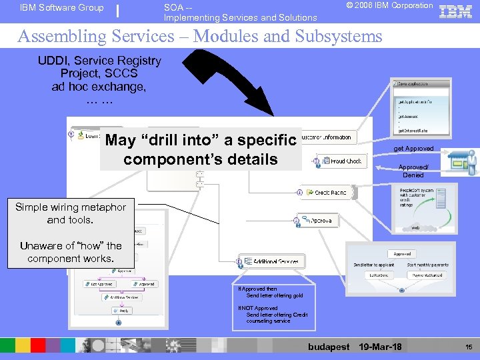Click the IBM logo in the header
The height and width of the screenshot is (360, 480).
(457, 11)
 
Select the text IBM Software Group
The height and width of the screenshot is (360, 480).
(62, 8)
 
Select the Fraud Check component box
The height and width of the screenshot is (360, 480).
(341, 161)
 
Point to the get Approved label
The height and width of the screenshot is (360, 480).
(413, 149)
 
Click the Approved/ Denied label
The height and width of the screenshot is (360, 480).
(413, 171)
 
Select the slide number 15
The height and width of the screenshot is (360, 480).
(469, 347)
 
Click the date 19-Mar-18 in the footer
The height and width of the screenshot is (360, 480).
(380, 347)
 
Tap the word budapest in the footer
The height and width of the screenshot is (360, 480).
(329, 347)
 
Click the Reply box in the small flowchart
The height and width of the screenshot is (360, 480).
(123, 311)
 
